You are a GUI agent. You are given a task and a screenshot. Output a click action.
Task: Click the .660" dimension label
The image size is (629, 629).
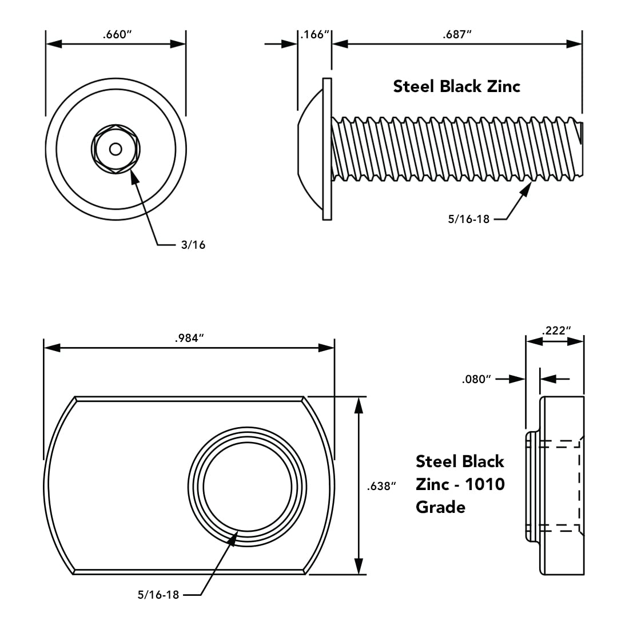click(117, 34)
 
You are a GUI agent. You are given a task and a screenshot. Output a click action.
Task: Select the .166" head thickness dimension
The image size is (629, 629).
click(315, 34)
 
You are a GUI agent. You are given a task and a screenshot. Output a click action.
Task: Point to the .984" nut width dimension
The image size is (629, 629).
click(189, 338)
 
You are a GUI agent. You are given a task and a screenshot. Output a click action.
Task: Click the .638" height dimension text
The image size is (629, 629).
click(381, 486)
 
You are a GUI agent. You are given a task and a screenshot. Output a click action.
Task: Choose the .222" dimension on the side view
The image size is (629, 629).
click(555, 331)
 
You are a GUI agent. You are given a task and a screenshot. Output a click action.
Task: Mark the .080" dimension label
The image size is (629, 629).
click(477, 379)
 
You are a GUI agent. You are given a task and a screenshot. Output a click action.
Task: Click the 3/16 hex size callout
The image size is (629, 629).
click(193, 245)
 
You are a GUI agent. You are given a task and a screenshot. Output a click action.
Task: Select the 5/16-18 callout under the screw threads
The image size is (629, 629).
click(468, 218)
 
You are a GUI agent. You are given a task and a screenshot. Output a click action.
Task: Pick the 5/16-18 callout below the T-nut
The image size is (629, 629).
click(158, 595)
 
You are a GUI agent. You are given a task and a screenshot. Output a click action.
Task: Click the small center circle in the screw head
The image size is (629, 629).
click(116, 149)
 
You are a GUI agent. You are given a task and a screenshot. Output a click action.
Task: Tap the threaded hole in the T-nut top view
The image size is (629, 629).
click(247, 486)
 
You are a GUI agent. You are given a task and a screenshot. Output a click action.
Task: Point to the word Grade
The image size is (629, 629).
click(440, 507)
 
